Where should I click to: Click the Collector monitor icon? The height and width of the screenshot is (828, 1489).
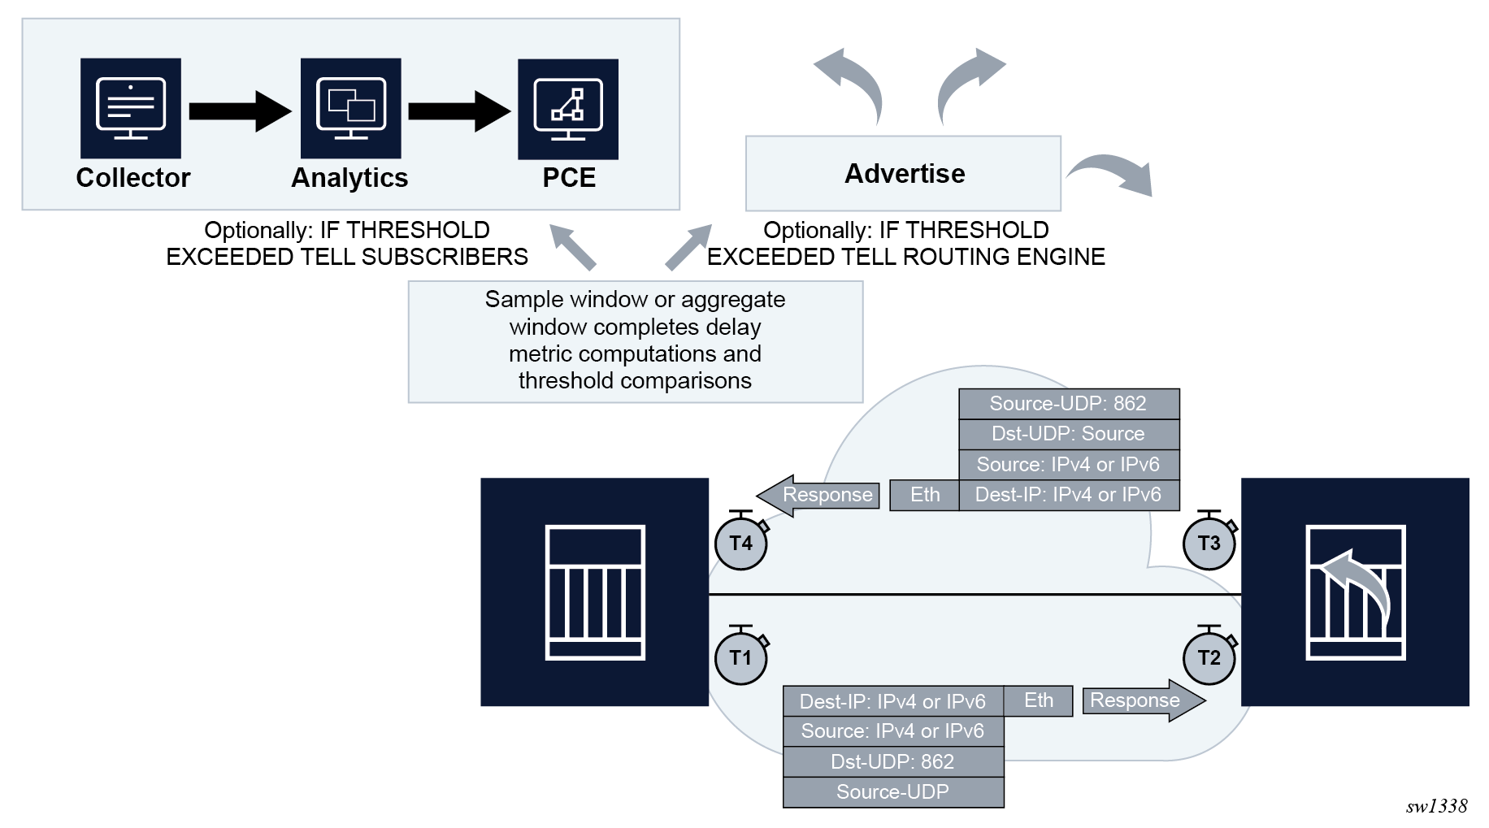click(x=130, y=108)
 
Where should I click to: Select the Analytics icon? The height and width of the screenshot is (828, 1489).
click(x=350, y=108)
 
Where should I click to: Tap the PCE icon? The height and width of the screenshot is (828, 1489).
click(x=568, y=109)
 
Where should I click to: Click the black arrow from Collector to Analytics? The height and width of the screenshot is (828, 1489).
click(x=240, y=111)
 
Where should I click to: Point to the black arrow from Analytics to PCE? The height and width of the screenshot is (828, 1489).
click(x=459, y=111)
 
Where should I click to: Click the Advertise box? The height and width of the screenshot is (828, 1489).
click(x=903, y=173)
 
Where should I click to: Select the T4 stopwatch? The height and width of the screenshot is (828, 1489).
click(x=740, y=542)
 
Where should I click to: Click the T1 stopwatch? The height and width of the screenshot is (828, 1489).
click(x=740, y=657)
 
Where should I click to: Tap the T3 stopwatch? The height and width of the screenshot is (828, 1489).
click(x=1209, y=542)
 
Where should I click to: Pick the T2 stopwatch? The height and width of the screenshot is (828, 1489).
click(x=1209, y=657)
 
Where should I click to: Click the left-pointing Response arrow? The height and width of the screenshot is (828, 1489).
click(x=818, y=495)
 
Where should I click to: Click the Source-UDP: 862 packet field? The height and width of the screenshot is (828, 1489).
click(x=1068, y=404)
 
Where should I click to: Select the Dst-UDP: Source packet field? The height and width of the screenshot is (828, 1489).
click(x=1068, y=434)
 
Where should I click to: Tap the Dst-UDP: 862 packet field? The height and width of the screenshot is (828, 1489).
click(x=892, y=762)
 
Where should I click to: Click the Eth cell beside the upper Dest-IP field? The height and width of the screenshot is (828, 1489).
click(x=924, y=495)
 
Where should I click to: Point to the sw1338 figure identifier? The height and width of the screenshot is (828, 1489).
click(x=1436, y=805)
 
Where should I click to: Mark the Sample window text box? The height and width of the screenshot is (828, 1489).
click(x=635, y=340)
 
